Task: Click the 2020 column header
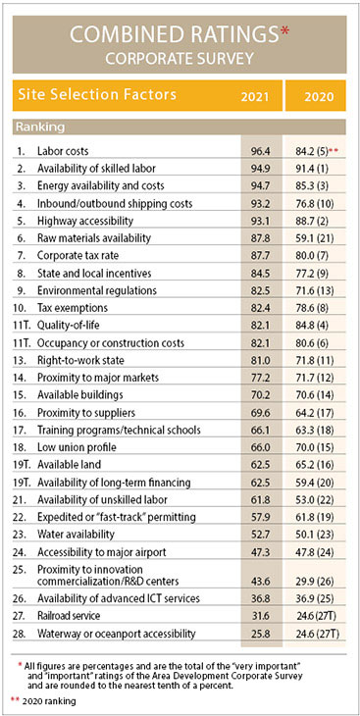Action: [316, 98]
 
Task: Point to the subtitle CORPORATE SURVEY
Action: [180, 59]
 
